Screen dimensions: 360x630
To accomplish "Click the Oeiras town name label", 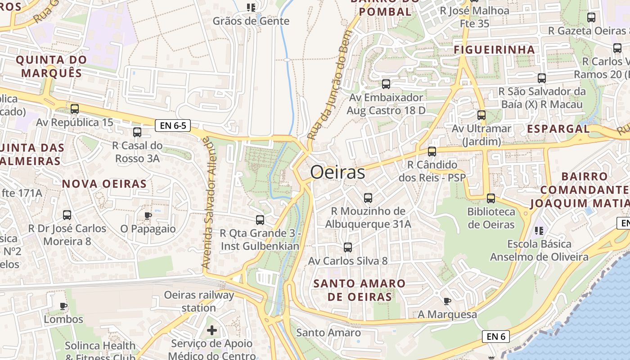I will (337, 172).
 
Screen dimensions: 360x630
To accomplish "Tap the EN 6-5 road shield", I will (173, 126).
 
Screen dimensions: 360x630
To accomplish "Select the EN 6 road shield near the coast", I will (495, 336).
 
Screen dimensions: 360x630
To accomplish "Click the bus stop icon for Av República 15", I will (75, 108).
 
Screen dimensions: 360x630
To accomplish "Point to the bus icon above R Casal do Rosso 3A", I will (137, 132).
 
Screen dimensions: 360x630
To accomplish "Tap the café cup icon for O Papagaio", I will (148, 216).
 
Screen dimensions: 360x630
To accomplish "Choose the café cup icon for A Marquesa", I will (447, 301).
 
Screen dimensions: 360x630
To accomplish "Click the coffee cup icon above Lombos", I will (63, 306).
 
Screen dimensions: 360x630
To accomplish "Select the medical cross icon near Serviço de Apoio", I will (211, 331).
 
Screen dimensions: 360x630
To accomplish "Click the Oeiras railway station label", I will (199, 301).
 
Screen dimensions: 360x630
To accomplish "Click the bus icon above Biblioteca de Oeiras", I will (491, 198).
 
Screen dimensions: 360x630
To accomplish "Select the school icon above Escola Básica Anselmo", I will (539, 231).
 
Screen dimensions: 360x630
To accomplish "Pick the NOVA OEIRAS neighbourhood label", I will (104, 184).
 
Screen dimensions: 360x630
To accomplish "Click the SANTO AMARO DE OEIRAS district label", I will (359, 290).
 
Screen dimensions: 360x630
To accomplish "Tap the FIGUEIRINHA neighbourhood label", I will (494, 49).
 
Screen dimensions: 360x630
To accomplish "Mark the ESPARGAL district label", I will (558, 129).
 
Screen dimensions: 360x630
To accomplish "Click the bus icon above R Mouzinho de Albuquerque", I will (368, 198).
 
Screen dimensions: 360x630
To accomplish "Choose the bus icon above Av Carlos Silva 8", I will (347, 247).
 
